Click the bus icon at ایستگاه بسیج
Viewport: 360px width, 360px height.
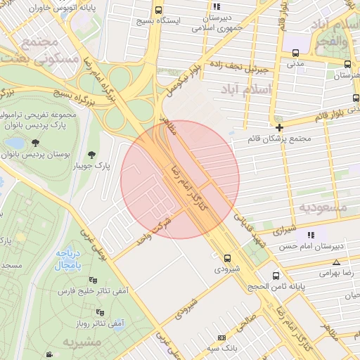point(158,11)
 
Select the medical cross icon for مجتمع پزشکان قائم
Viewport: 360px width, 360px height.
point(280,127)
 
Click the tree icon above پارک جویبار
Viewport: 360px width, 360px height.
point(91,155)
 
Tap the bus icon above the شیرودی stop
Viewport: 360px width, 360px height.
point(226,258)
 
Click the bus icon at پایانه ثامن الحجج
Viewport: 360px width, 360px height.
point(275,276)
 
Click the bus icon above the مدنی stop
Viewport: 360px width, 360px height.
point(295,53)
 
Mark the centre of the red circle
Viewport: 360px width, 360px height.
point(180,179)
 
